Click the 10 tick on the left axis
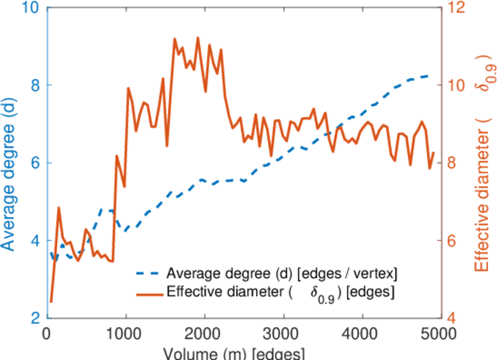click(26, 8)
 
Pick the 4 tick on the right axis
click(454, 318)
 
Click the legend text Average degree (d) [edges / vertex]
click(282, 275)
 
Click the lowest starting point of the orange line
click(51, 302)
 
